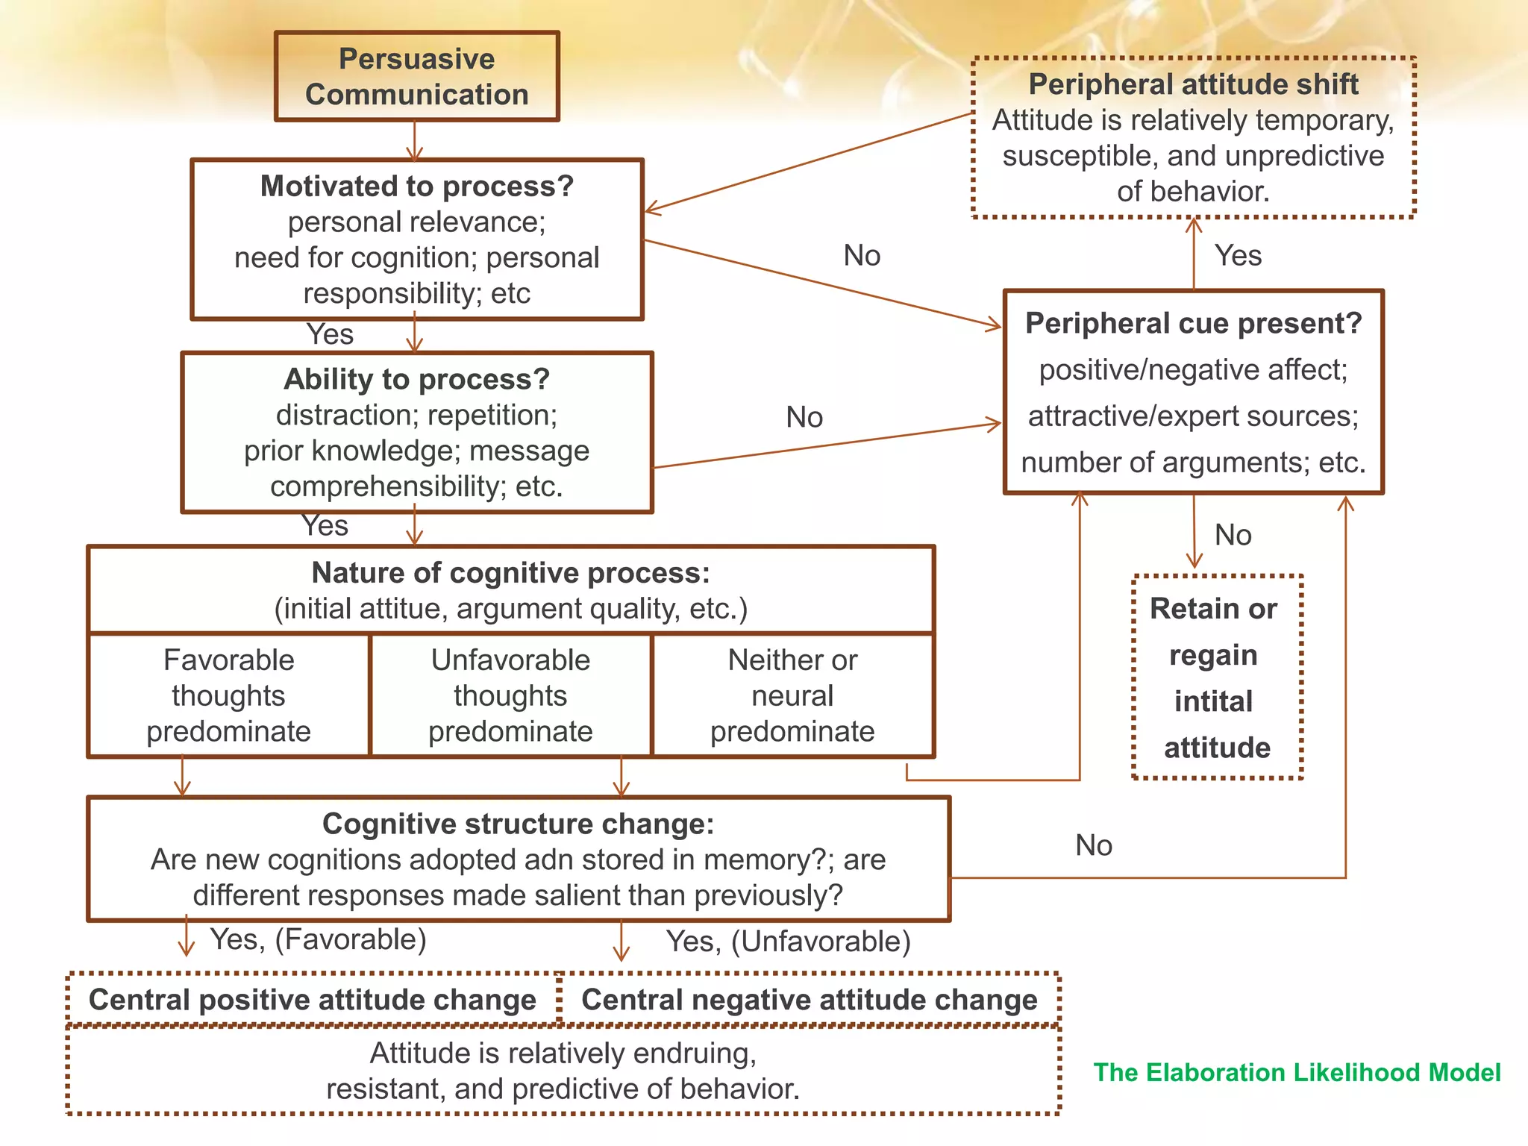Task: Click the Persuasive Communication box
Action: (x=416, y=76)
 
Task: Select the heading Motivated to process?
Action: (x=416, y=186)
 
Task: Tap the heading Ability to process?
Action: (x=416, y=379)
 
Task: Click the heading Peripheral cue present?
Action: (x=1193, y=323)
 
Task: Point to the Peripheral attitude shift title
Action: (x=1193, y=84)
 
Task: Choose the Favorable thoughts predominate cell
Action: (x=228, y=695)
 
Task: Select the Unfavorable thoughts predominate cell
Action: (x=510, y=695)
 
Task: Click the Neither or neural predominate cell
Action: (x=792, y=695)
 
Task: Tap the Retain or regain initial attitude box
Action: (x=1216, y=677)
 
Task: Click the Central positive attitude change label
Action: (x=313, y=1000)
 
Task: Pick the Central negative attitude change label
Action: (x=810, y=1000)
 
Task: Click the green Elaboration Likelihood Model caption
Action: (x=1297, y=1072)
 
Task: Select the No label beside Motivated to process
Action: (x=862, y=256)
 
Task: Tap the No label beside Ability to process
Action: (x=804, y=417)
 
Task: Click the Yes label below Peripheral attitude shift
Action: (x=1238, y=256)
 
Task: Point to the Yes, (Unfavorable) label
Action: (x=788, y=942)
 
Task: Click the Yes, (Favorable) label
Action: (x=318, y=939)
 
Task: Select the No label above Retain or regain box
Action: (x=1233, y=535)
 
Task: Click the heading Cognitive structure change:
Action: (x=518, y=824)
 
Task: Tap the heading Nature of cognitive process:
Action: (x=510, y=573)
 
